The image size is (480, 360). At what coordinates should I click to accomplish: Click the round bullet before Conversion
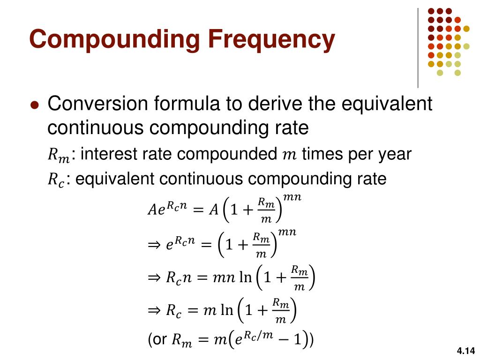[x=34, y=105]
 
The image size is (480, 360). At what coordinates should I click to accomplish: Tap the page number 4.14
[x=465, y=351]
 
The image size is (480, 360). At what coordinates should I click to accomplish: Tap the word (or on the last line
[x=157, y=339]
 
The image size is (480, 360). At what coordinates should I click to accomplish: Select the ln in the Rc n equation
[x=245, y=278]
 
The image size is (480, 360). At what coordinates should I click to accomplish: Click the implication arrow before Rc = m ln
[x=154, y=311]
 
